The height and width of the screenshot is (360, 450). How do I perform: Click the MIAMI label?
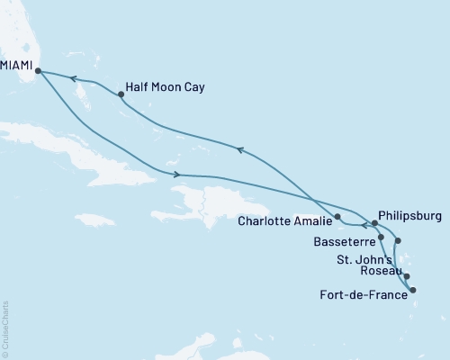click(x=16, y=66)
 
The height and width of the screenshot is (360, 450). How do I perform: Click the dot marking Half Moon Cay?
click(x=121, y=94)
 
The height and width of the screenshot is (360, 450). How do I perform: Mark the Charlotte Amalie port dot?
click(x=337, y=217)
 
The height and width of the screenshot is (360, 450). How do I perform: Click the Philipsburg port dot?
click(x=373, y=224)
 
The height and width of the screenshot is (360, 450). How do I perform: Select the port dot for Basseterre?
click(x=382, y=238)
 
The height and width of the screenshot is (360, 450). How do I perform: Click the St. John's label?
click(x=365, y=260)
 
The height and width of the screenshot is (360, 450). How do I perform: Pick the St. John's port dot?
click(x=399, y=241)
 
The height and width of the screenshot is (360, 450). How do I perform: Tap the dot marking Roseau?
click(x=407, y=277)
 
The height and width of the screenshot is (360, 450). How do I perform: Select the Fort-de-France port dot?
click(x=412, y=290)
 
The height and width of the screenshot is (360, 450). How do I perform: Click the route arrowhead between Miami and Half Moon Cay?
click(x=75, y=80)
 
